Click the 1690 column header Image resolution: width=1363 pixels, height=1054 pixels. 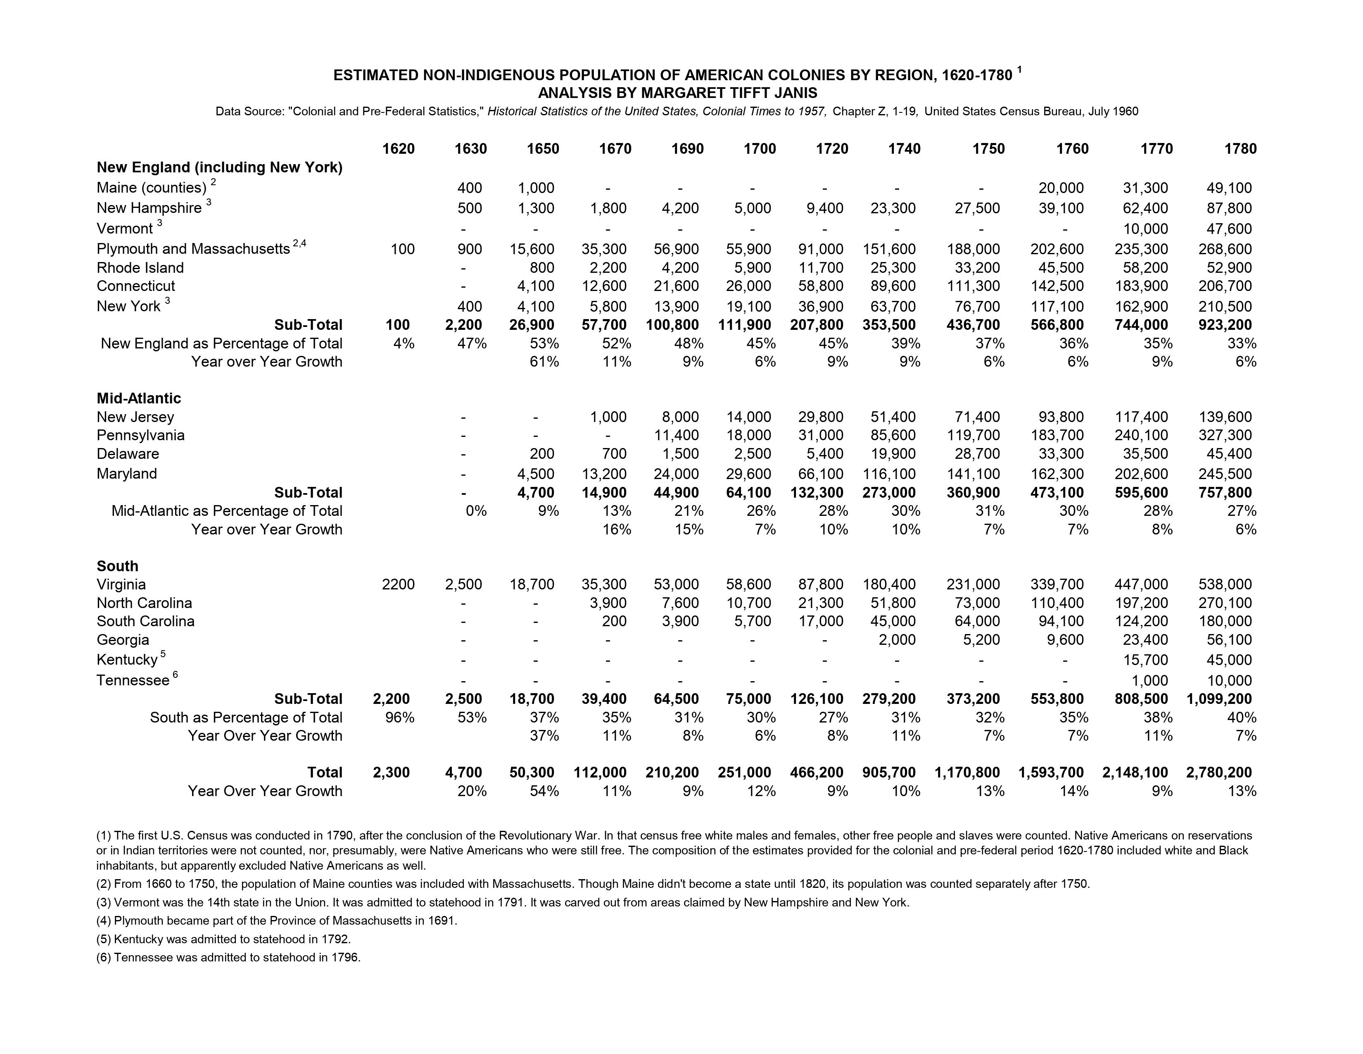(687, 149)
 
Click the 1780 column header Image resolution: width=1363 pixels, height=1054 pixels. (1240, 149)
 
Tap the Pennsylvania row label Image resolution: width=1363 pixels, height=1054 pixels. (140, 435)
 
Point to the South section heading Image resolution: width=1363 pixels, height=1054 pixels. (117, 566)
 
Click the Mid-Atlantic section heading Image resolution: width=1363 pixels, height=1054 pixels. (138, 398)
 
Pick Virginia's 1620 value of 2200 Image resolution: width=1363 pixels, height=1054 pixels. (397, 584)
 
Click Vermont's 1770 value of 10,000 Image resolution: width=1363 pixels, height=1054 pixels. (1145, 229)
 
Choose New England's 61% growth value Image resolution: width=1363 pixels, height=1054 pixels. (544, 362)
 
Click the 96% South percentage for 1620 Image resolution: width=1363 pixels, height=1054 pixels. (399, 718)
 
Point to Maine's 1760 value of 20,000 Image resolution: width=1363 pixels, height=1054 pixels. (1061, 188)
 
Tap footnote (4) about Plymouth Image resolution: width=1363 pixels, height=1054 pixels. (276, 921)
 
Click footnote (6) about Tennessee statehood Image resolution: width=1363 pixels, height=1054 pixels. (228, 957)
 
